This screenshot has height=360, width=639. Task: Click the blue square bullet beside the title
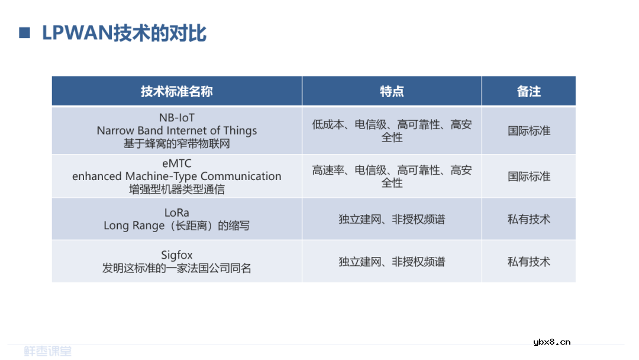[x=24, y=33]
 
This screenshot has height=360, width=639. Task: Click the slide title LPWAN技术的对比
[x=124, y=33]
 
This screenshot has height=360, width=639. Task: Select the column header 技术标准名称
[x=176, y=91]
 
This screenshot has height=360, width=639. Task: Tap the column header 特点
[x=392, y=91]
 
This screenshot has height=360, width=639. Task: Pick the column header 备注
[x=528, y=91]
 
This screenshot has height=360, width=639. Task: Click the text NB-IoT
[x=176, y=118]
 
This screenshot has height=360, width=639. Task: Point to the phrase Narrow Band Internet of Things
[x=176, y=130]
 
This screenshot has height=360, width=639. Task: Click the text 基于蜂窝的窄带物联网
[x=176, y=143]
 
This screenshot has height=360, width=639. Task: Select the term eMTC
[x=176, y=163]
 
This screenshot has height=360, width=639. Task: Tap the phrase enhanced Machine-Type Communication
[x=176, y=176]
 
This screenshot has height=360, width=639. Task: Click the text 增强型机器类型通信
[x=176, y=189]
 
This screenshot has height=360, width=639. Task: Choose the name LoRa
[x=176, y=213]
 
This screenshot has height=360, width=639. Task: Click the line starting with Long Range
[x=176, y=226]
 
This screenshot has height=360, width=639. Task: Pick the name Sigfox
[x=176, y=255]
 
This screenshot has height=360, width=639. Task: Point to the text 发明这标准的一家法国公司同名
[x=176, y=268]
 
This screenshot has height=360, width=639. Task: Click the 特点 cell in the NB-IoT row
[x=392, y=131]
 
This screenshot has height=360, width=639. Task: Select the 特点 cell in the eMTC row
[x=392, y=176]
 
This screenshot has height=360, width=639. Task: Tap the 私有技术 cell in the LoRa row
[x=528, y=219]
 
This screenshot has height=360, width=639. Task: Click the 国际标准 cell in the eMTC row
[x=528, y=176]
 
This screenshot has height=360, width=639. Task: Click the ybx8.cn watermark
[x=551, y=342]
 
